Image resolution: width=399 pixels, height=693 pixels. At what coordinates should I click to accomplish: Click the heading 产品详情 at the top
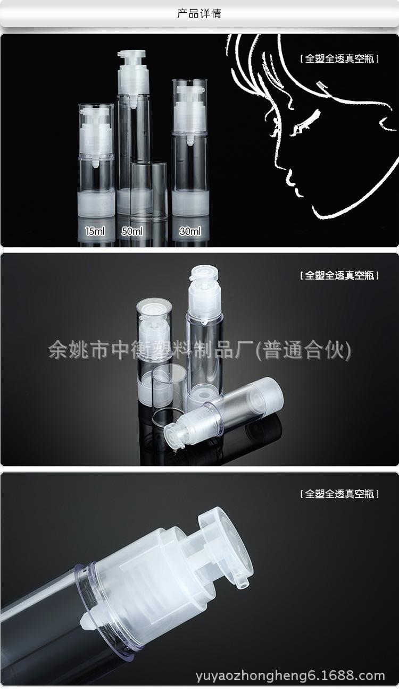tap(199, 14)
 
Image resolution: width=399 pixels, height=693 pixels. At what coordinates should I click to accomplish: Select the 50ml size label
tap(132, 231)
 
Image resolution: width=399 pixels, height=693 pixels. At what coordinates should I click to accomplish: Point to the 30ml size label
tap(190, 231)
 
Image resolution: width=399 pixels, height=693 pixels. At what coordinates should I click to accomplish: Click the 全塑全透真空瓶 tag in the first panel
tap(339, 59)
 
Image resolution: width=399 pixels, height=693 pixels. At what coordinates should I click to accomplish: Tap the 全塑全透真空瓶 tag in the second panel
tap(339, 276)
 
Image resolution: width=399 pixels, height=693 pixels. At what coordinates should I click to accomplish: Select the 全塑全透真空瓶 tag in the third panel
tap(339, 494)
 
